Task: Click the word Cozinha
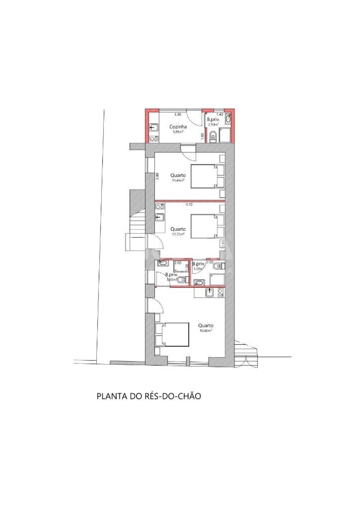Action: point(178,127)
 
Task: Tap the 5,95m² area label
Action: point(178,131)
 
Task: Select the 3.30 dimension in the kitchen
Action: point(177,114)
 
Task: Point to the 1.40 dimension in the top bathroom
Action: point(220,114)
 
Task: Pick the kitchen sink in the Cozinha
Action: point(154,128)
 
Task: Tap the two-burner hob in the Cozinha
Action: point(154,138)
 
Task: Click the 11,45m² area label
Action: point(178,180)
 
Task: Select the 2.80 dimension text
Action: point(157,176)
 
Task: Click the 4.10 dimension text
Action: point(189,205)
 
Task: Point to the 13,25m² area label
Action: point(178,234)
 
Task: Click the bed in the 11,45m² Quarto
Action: point(204,176)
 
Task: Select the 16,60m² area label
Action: point(206,330)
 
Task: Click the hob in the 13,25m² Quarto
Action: point(160,207)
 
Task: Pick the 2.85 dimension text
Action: point(223,243)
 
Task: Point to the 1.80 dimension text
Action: point(202,136)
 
